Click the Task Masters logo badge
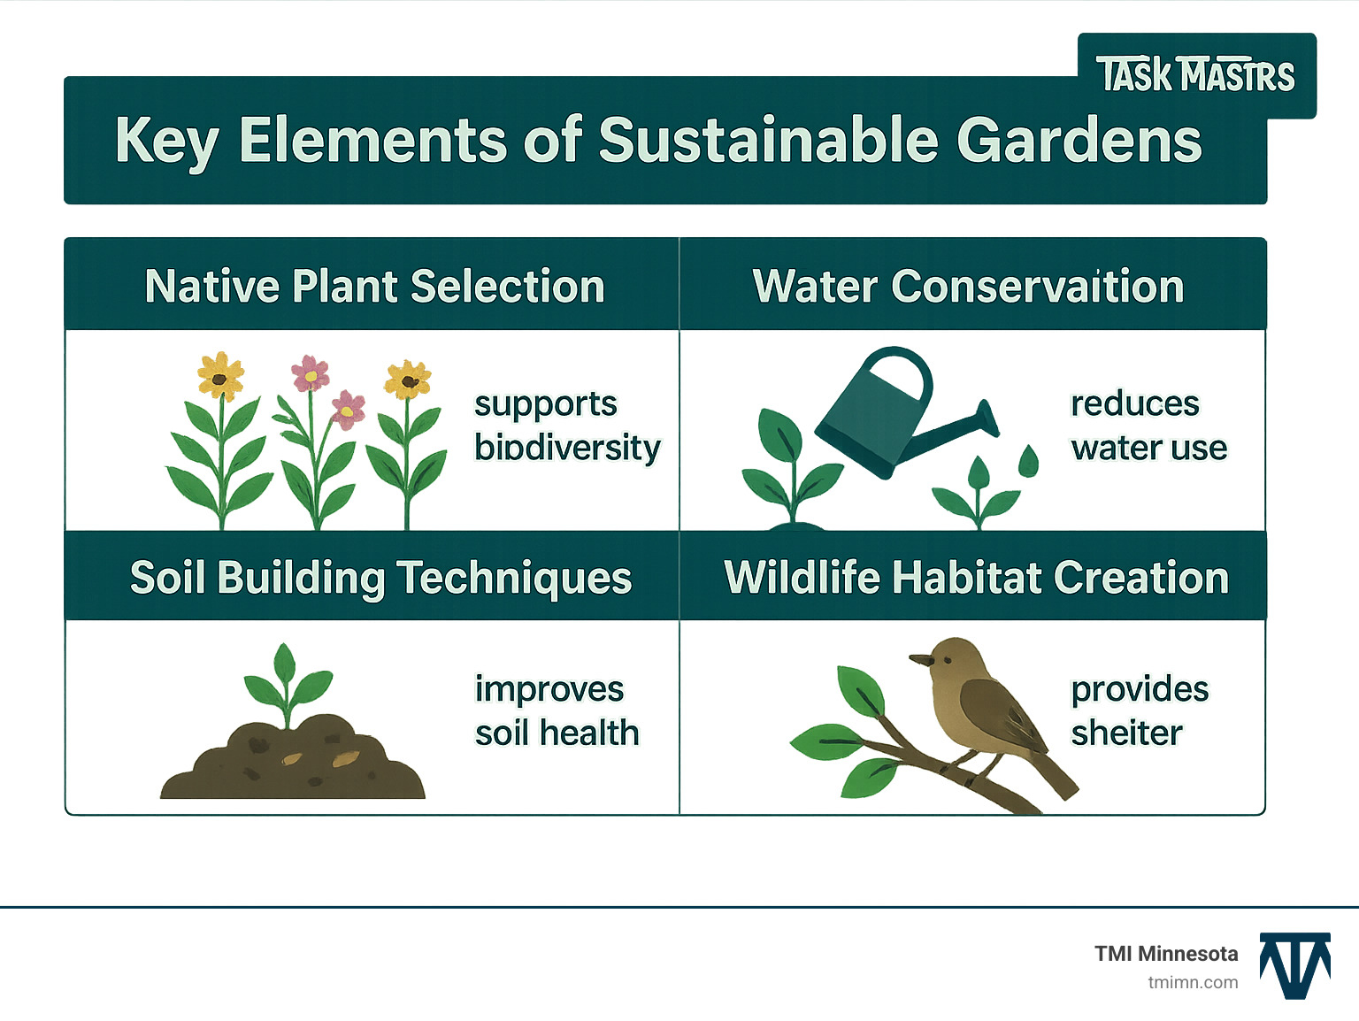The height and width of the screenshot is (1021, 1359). pos(1196,75)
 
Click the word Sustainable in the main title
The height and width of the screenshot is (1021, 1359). pos(768,141)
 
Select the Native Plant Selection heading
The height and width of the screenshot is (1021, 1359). pos(374,287)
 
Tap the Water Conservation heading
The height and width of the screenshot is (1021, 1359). pos(968,287)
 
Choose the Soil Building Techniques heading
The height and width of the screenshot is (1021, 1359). pos(380,578)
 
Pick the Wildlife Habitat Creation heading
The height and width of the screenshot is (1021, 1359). pos(976,578)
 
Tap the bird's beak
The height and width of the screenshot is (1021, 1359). pos(921,659)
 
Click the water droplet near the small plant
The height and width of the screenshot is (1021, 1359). pos(1028,461)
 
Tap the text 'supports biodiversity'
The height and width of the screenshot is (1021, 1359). pos(566,426)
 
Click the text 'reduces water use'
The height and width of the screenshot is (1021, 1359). pos(1148,426)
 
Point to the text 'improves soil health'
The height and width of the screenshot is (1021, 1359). pos(557,711)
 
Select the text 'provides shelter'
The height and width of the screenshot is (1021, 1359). pos(1139,711)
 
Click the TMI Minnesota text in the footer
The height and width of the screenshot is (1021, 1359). pos(1165,954)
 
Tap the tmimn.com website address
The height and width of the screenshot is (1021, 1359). pos(1192,982)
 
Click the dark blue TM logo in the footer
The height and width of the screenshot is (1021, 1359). pos(1294,965)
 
